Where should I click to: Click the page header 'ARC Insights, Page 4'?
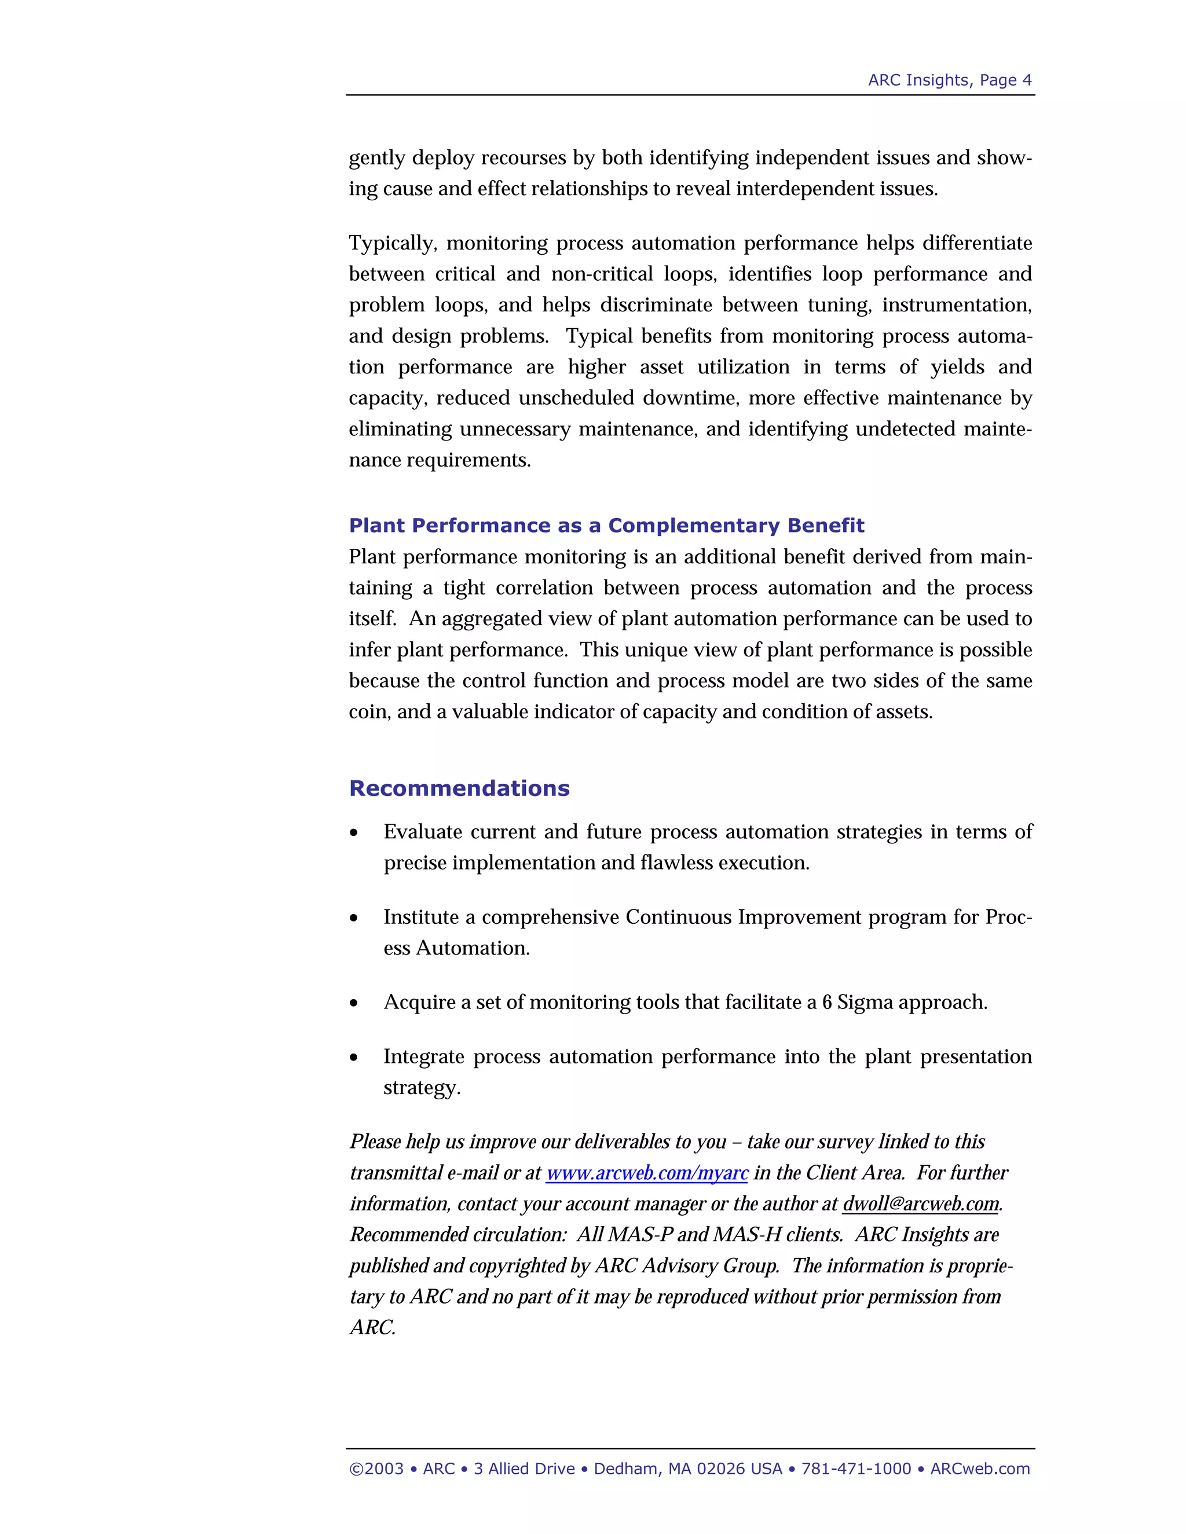pos(949,80)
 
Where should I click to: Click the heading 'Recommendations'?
pos(459,788)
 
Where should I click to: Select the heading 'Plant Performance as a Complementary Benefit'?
pos(606,526)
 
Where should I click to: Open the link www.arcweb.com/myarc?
pos(646,1172)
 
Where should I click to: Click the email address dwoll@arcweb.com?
pos(920,1203)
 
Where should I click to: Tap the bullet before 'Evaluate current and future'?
pos(354,833)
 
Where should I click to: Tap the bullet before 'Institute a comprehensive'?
pos(354,919)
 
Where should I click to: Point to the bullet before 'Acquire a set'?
pos(354,1004)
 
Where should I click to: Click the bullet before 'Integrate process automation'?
pos(354,1058)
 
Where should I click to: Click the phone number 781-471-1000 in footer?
pos(856,1469)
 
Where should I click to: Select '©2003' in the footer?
pos(376,1469)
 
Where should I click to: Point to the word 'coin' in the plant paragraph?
pos(369,711)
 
